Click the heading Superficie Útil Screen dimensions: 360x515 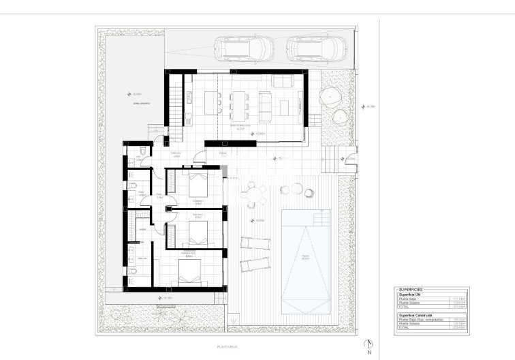[411, 294]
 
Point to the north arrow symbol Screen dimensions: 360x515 [368, 345]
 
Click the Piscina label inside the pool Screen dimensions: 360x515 [306, 257]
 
